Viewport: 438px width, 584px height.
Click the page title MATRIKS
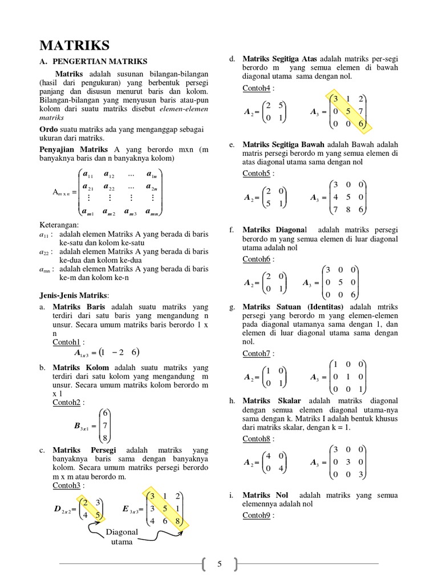pyautogui.click(x=74, y=45)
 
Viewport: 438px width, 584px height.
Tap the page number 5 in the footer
pyautogui.click(x=219, y=565)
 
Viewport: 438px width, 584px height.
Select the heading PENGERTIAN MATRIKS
pyautogui.click(x=100, y=61)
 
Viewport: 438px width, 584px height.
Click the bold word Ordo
pyautogui.click(x=49, y=129)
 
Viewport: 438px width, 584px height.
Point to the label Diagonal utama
pyautogui.click(x=122, y=537)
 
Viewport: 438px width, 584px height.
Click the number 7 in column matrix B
pyautogui.click(x=106, y=425)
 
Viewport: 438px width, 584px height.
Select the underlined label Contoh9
pyautogui.click(x=258, y=515)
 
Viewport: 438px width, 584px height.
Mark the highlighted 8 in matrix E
pyautogui.click(x=179, y=520)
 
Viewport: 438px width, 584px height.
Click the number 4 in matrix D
pyautogui.click(x=85, y=514)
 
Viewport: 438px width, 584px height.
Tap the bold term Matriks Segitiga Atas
pyautogui.click(x=280, y=59)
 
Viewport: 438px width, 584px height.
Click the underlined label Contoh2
pyautogui.click(x=67, y=402)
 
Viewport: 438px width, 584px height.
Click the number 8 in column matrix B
pyautogui.click(x=106, y=437)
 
